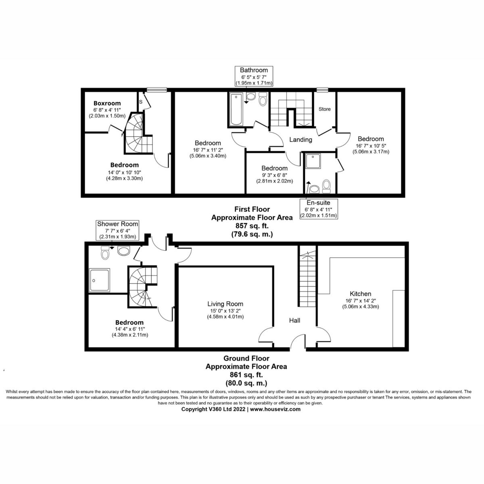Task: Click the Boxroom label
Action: (x=107, y=103)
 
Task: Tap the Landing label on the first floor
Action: (x=301, y=140)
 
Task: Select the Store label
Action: (x=325, y=109)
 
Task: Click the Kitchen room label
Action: (x=360, y=294)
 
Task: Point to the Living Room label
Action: (x=225, y=304)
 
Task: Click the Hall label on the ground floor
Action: (x=294, y=321)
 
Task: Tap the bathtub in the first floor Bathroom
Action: (x=236, y=109)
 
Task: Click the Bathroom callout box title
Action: (x=254, y=70)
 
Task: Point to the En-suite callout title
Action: (x=319, y=202)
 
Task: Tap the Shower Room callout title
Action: (x=117, y=224)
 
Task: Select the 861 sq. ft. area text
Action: (x=246, y=375)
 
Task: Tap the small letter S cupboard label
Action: (x=141, y=102)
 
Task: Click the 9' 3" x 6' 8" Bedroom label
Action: (x=274, y=168)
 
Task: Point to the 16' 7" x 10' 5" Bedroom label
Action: (x=370, y=139)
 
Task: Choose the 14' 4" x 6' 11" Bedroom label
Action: (x=129, y=323)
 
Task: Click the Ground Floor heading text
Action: (x=246, y=358)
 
